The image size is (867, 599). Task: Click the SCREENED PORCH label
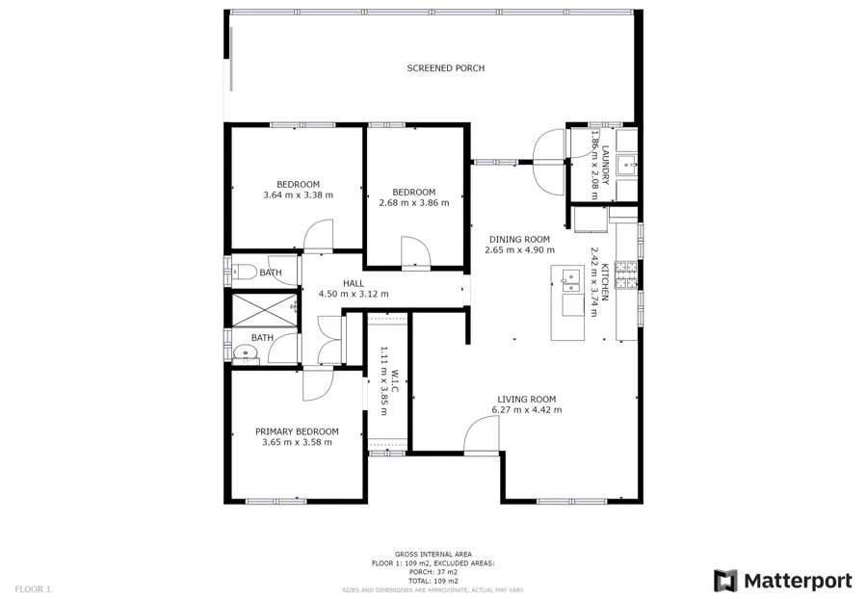(x=445, y=68)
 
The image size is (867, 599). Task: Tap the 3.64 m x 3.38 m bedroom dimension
(x=298, y=195)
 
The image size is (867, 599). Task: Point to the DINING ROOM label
(x=519, y=240)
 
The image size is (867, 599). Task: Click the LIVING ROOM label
(x=526, y=399)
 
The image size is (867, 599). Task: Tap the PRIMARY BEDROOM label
(x=297, y=431)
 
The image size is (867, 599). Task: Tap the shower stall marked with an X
(x=261, y=308)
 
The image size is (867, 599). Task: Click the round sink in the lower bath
(x=245, y=353)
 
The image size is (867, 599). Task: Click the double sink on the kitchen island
(x=570, y=280)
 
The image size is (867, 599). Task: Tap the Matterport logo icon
(x=725, y=581)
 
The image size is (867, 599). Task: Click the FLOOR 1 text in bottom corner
(x=33, y=588)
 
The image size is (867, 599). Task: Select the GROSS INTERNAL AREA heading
(x=433, y=555)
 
